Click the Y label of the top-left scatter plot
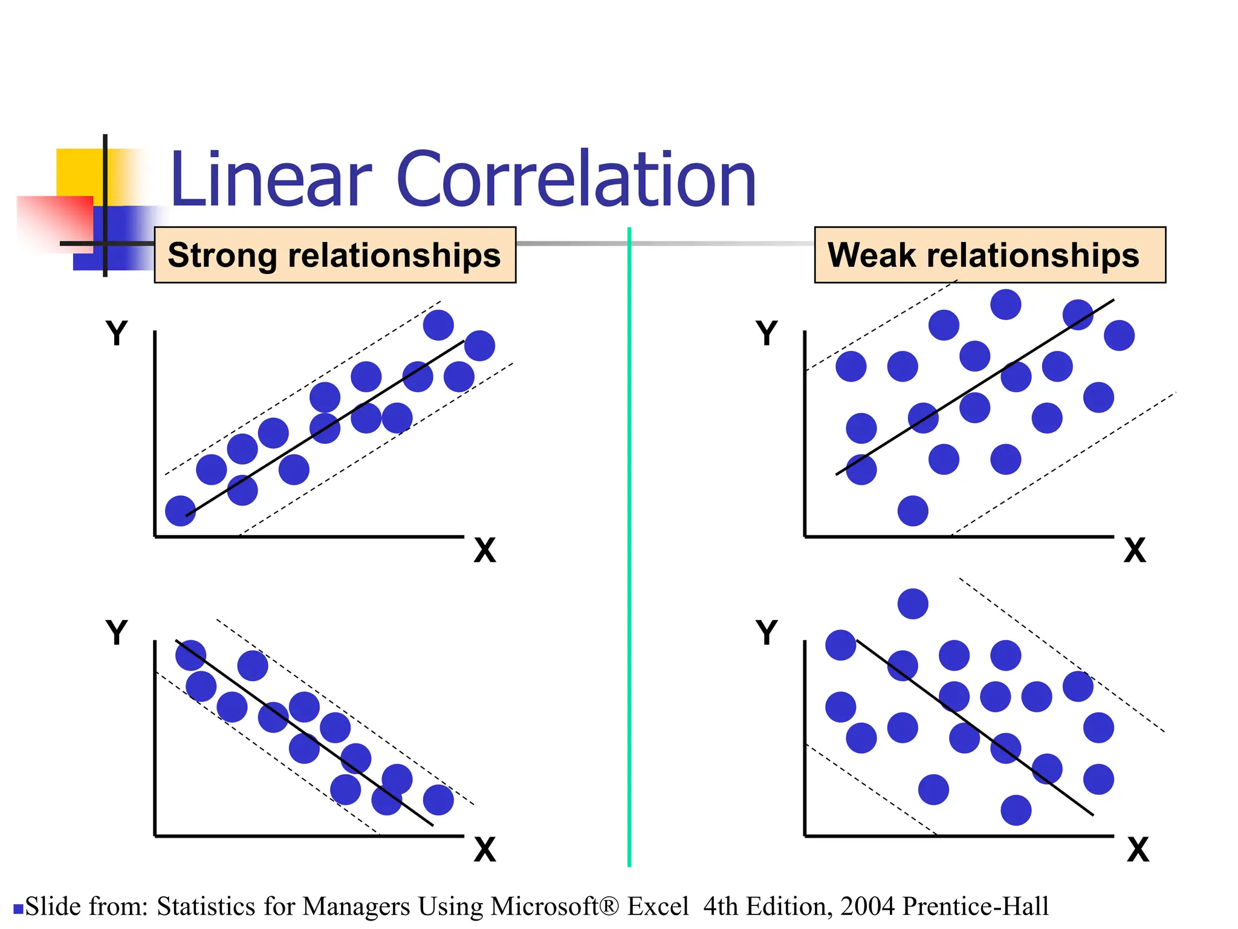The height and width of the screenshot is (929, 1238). [x=117, y=333]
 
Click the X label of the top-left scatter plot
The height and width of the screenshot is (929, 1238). [x=484, y=550]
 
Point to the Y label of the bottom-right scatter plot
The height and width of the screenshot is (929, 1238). [x=766, y=633]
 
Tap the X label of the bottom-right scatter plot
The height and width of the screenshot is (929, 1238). [x=1138, y=850]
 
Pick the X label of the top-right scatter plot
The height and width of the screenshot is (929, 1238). [x=1135, y=550]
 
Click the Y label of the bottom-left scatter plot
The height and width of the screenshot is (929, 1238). [x=117, y=633]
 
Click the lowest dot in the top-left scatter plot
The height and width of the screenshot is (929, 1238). [x=181, y=511]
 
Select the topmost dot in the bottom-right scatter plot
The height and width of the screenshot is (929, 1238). [x=913, y=604]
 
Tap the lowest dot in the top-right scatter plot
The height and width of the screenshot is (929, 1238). [x=913, y=511]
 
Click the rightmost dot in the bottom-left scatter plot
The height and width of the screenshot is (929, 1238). [x=438, y=800]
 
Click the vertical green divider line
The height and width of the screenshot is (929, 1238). [x=629, y=544]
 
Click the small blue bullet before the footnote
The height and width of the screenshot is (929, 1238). [x=18, y=908]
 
